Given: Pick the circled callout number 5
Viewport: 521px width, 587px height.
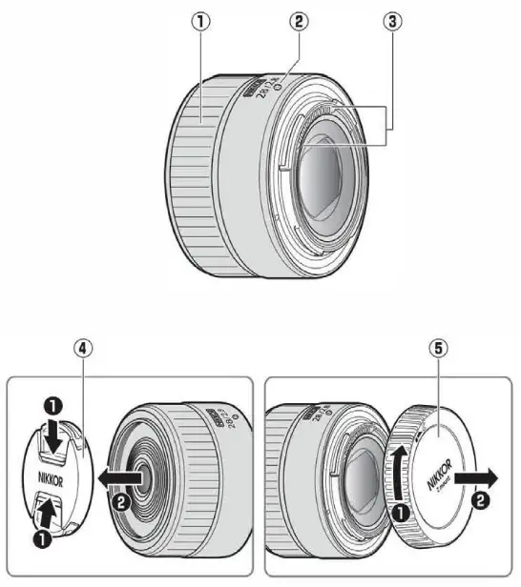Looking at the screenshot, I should point(439,349).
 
